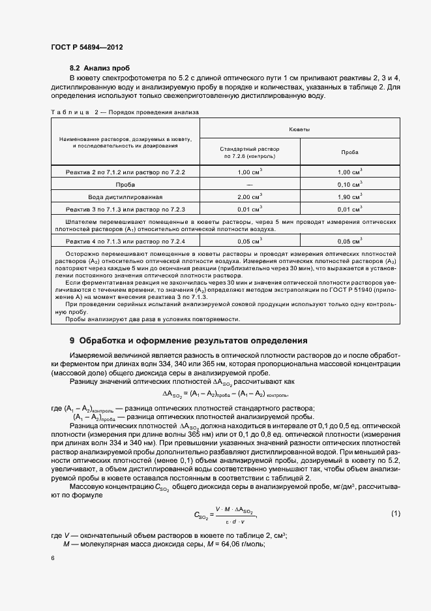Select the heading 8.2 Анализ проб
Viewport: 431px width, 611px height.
pos(100,67)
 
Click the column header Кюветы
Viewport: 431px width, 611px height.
pos(299,130)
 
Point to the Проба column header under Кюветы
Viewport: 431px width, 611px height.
pos(349,153)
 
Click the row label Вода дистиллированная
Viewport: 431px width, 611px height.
pos(121,196)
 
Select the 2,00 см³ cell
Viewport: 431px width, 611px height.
pos(249,196)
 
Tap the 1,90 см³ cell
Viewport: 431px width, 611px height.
pos(349,196)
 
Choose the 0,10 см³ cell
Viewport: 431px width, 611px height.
pos(349,184)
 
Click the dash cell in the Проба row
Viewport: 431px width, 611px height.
pos(249,184)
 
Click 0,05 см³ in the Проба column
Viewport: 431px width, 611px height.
pos(349,242)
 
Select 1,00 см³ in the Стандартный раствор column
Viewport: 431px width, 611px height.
pos(249,172)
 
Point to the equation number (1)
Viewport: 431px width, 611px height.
pos(395,514)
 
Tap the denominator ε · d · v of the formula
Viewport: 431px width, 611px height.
pos(232,522)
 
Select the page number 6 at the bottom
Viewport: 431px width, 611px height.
pos(52,558)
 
